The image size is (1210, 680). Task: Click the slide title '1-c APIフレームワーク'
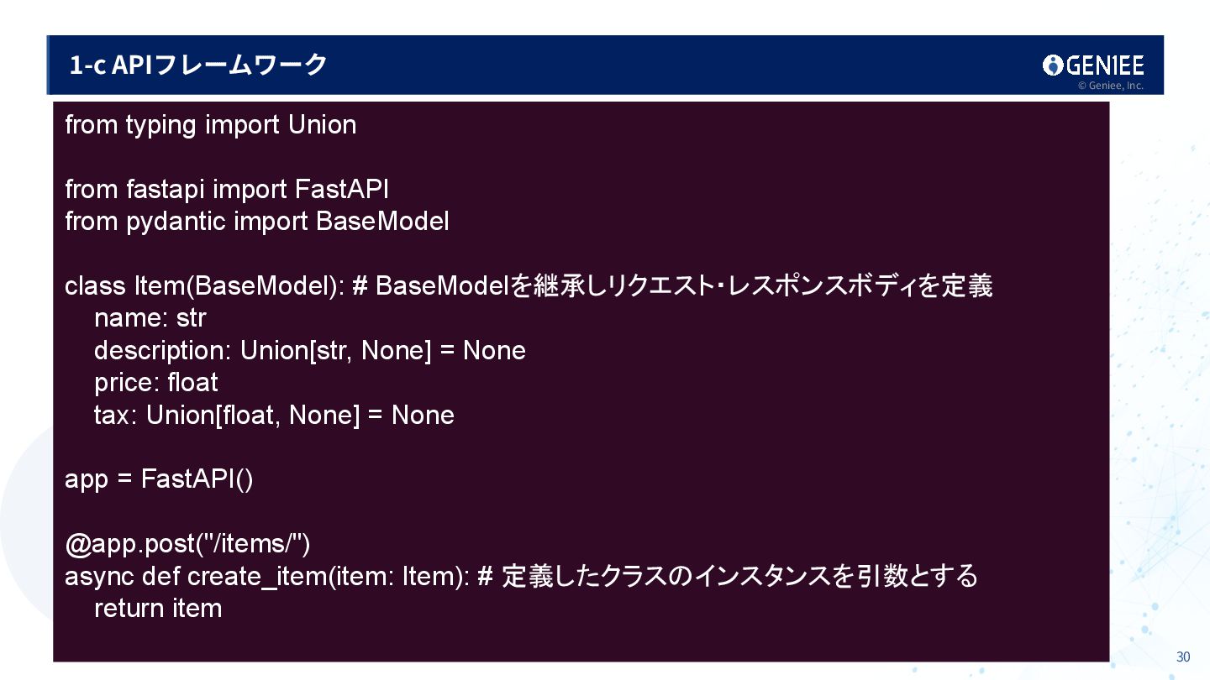point(198,65)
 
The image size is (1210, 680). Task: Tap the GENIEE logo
point(1093,65)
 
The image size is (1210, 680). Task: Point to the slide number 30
point(1183,656)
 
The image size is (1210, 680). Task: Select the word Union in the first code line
point(322,125)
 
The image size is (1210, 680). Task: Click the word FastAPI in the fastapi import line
point(341,190)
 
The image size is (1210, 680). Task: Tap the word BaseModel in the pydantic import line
point(381,222)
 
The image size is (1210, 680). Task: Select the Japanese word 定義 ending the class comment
point(966,286)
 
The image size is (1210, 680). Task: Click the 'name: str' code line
point(150,319)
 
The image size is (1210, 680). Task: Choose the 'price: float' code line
point(155,383)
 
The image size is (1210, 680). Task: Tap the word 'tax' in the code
point(112,416)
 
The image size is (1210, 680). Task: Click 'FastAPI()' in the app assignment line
point(197,479)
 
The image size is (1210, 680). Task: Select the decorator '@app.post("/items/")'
point(187,544)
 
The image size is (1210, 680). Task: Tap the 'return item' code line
point(158,609)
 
